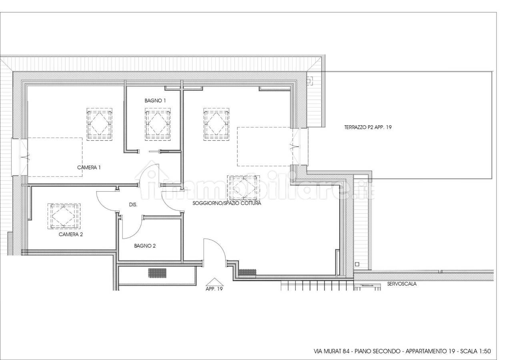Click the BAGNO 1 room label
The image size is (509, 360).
click(155, 101)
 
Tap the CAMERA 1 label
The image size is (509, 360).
click(89, 168)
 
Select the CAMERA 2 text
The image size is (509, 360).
click(71, 234)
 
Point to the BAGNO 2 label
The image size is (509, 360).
click(145, 246)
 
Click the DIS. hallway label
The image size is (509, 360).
click(133, 205)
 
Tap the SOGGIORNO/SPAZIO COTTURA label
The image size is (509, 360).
click(227, 203)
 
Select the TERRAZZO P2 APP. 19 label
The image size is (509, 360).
click(368, 127)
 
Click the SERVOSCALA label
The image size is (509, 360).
click(402, 284)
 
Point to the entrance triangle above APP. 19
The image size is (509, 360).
click(214, 282)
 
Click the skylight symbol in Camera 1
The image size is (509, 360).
click(100, 124)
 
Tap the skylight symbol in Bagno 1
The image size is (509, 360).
click(158, 124)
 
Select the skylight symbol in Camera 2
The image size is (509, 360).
click(64, 216)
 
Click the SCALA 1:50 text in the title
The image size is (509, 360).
click(476, 351)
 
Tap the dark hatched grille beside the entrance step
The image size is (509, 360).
click(247, 272)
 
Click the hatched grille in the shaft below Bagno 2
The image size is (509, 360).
click(157, 273)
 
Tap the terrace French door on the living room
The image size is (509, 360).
click(296, 146)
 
